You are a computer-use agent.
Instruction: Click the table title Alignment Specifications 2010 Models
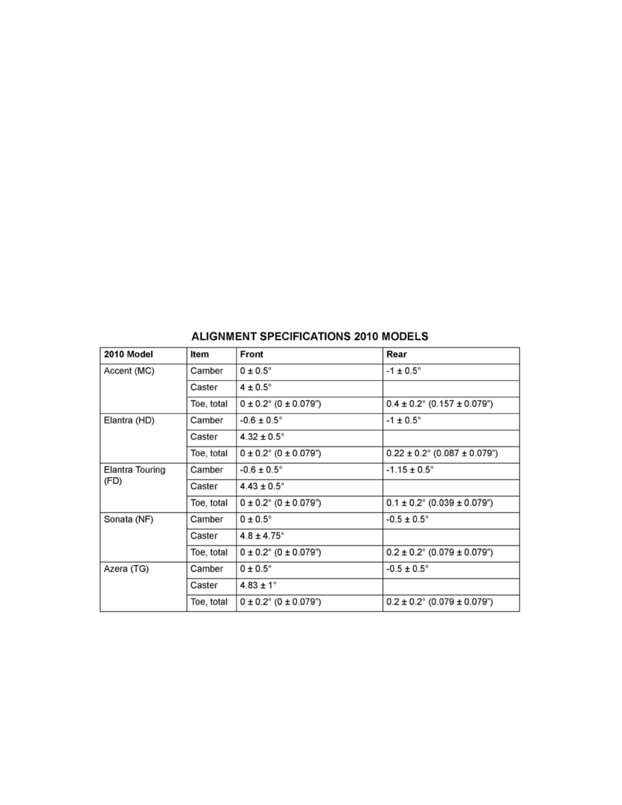[x=310, y=336]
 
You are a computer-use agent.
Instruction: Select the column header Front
[x=251, y=354]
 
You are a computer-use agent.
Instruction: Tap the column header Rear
[x=396, y=354]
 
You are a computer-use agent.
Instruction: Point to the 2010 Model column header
[x=129, y=354]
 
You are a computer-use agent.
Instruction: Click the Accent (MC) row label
[x=129, y=371]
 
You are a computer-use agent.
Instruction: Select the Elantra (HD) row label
[x=129, y=420]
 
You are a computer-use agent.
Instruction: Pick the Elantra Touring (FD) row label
[x=133, y=474]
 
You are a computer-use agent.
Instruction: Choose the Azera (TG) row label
[x=127, y=569]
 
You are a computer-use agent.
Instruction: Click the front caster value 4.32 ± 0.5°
[x=262, y=437]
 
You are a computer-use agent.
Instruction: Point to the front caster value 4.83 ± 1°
[x=259, y=585]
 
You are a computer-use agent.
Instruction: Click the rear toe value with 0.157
[x=439, y=404]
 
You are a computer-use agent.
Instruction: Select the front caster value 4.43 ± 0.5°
[x=262, y=487]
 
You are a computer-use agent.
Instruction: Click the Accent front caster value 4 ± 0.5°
[x=255, y=388]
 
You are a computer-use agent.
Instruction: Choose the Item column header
[x=200, y=354]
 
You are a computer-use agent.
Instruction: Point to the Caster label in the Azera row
[x=204, y=585]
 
